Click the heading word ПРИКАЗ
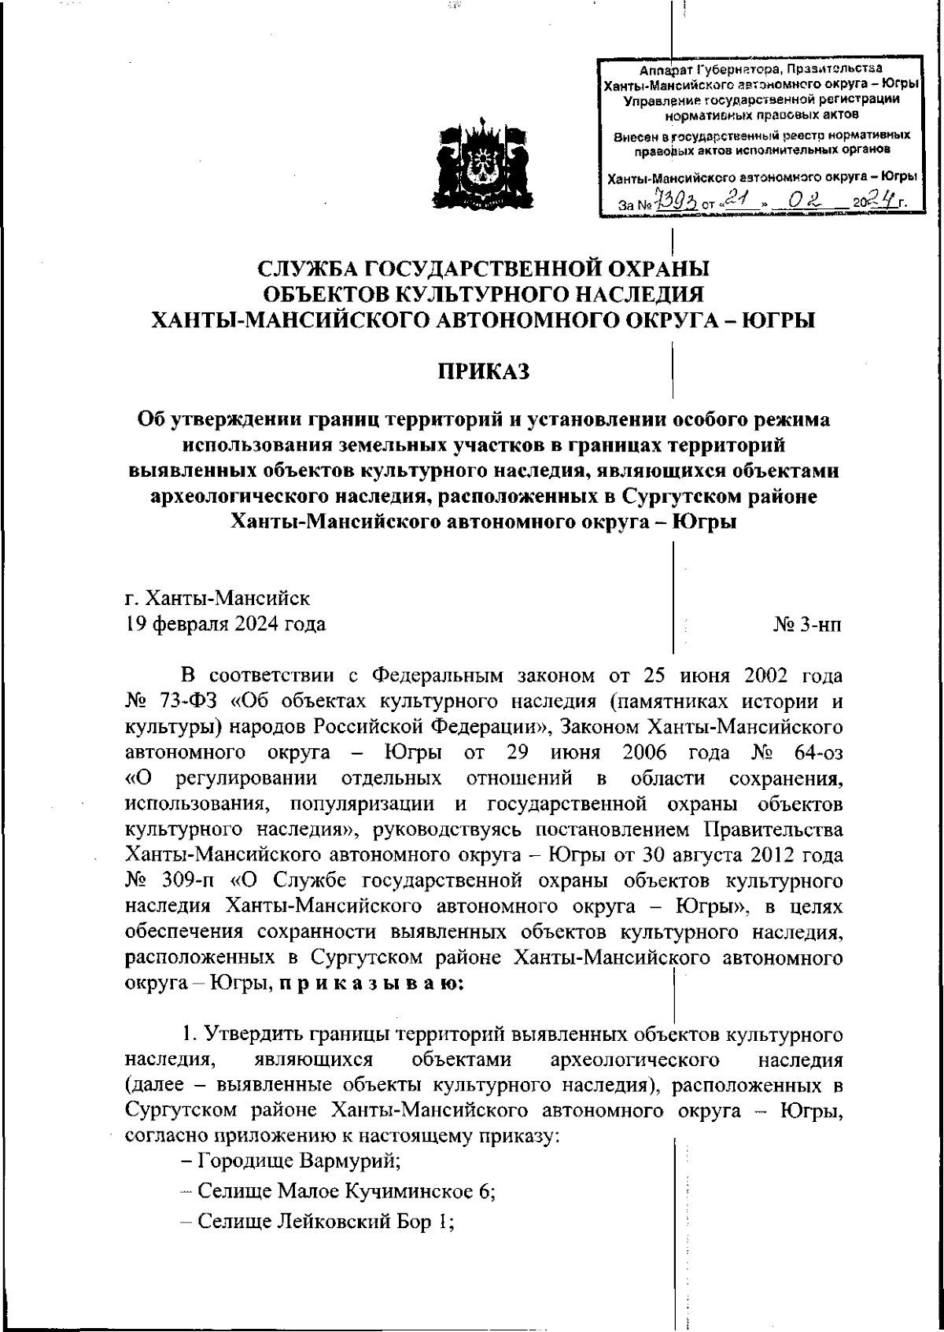[484, 370]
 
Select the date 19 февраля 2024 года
[226, 625]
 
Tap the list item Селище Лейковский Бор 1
[319, 1221]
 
